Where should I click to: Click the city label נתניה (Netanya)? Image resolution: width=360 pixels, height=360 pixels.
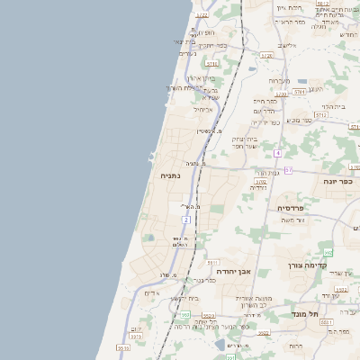(170, 176)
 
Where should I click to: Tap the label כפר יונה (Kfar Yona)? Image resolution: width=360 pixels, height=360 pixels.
(338, 181)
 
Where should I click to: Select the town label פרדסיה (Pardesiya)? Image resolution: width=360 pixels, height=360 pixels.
(291, 208)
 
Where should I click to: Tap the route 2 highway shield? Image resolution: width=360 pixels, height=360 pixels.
(186, 220)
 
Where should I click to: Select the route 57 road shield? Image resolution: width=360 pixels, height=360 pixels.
(288, 169)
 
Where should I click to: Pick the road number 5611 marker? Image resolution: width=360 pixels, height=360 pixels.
(325, 320)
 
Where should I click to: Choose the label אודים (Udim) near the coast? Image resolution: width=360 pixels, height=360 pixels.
(152, 292)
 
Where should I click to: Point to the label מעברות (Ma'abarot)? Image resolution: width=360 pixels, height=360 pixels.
(279, 80)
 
